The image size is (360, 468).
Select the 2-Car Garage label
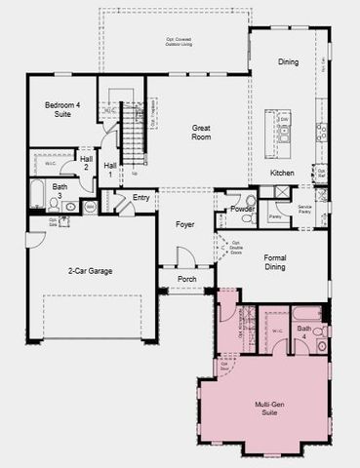tap(86, 269)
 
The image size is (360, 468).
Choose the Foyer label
tap(185, 224)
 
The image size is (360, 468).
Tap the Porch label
tap(189, 278)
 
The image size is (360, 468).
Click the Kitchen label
tap(282, 174)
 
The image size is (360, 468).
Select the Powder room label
tap(244, 208)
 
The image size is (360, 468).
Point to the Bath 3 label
tap(60, 189)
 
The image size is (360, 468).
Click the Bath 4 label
tap(304, 331)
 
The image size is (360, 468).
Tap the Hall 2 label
tap(86, 161)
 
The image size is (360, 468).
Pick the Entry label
tap(141, 197)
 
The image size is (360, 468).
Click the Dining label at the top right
tap(288, 62)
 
